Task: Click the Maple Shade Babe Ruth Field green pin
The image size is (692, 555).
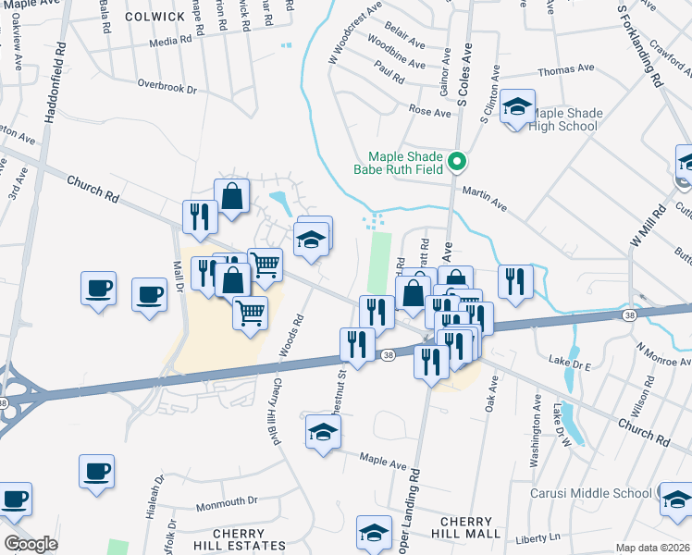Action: coord(456,162)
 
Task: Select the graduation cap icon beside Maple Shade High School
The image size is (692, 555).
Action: coord(518,107)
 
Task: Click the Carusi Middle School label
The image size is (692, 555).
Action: coord(590,493)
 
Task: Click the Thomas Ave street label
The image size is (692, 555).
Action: coord(565,69)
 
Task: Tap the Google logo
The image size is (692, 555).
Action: coord(31,543)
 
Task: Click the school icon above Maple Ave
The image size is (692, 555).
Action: coord(323,432)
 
